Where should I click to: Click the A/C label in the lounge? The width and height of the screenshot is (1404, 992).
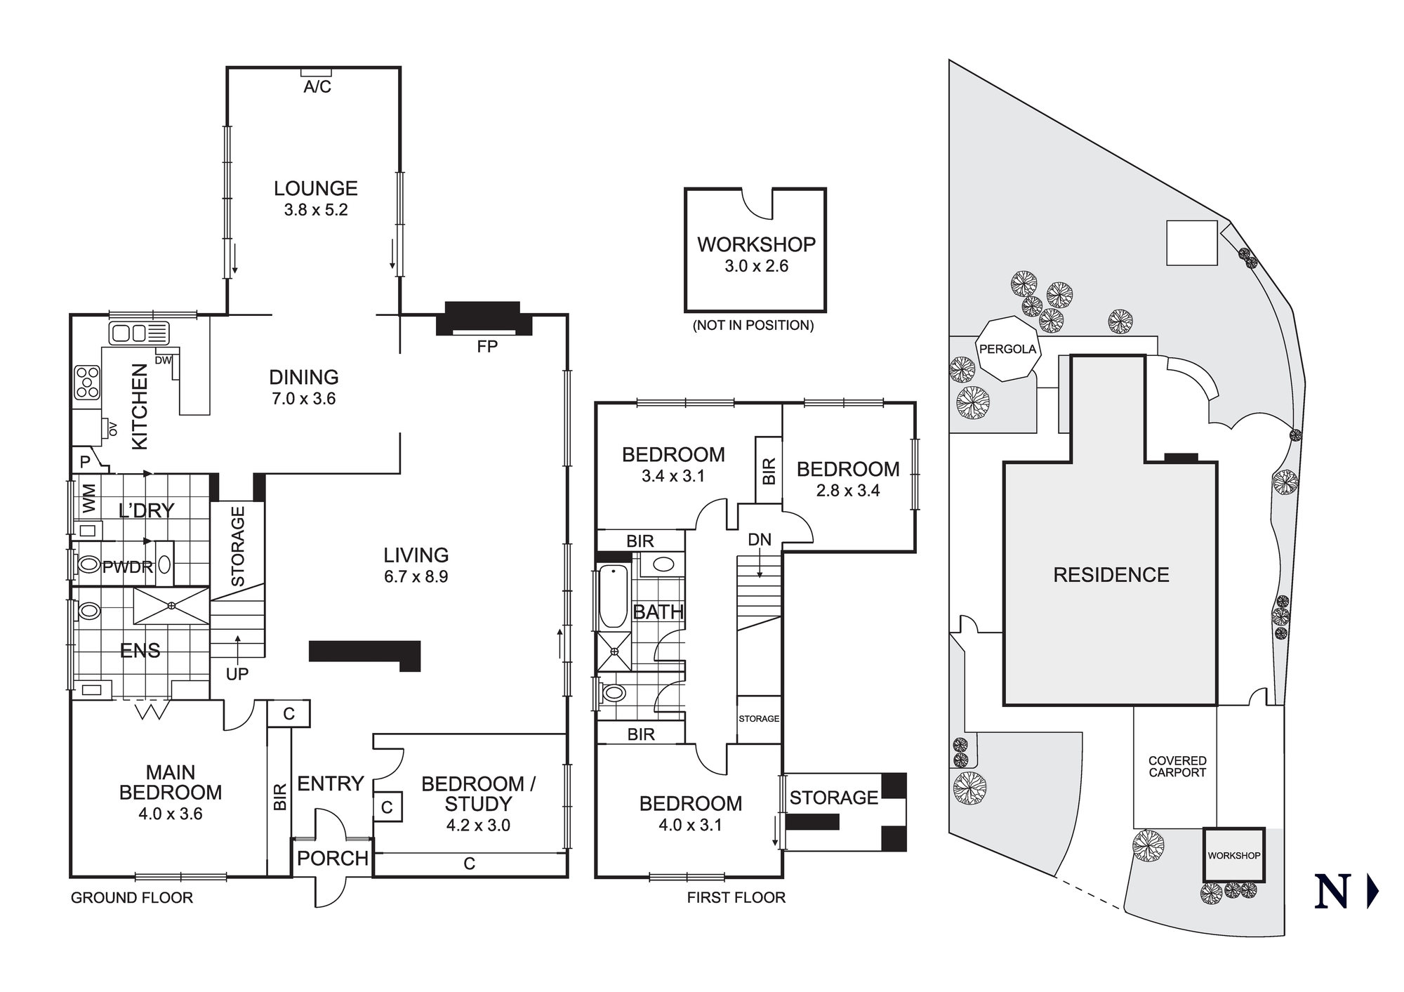[317, 87]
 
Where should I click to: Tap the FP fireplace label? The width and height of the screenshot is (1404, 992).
[486, 347]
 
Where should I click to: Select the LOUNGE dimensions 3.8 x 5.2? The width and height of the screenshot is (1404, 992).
[316, 210]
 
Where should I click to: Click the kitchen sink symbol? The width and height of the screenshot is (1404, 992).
[139, 332]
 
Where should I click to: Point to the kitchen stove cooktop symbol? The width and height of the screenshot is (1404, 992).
[88, 383]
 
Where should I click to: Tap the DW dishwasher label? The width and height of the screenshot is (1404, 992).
[163, 360]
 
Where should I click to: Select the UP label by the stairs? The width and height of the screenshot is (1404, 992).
[237, 674]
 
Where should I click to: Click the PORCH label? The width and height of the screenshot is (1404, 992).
[332, 858]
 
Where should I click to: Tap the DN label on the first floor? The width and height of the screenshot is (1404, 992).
[760, 540]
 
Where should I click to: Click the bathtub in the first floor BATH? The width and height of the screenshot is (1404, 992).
[614, 597]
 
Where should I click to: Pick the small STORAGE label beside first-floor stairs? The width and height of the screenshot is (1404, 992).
[759, 719]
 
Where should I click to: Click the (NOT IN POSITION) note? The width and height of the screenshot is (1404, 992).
[753, 326]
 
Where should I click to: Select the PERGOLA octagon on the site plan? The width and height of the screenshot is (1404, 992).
[1007, 350]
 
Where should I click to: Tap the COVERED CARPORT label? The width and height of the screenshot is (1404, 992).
[1177, 767]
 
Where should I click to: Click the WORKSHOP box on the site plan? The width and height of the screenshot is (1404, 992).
[1233, 855]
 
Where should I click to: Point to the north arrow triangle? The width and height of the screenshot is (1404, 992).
[1372, 892]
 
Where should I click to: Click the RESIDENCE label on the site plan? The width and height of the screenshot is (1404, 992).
[1111, 575]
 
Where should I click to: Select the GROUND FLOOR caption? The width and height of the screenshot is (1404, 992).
[132, 898]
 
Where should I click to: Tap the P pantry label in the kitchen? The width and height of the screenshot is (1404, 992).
[85, 462]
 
